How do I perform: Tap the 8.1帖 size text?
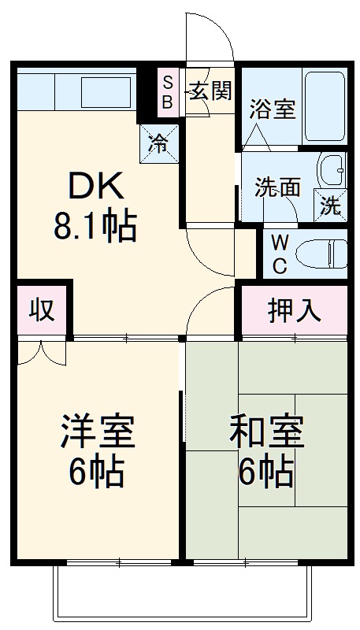click(x=95, y=228)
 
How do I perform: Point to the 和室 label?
click(x=266, y=432)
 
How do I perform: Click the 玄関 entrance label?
click(x=210, y=91)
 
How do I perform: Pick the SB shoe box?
click(x=167, y=91)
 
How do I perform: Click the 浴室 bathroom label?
click(x=273, y=109)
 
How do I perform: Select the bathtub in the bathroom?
click(x=325, y=107)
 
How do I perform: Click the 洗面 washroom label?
click(x=277, y=187)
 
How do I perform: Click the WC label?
click(x=280, y=254)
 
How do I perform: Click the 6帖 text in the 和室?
click(x=266, y=471)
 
